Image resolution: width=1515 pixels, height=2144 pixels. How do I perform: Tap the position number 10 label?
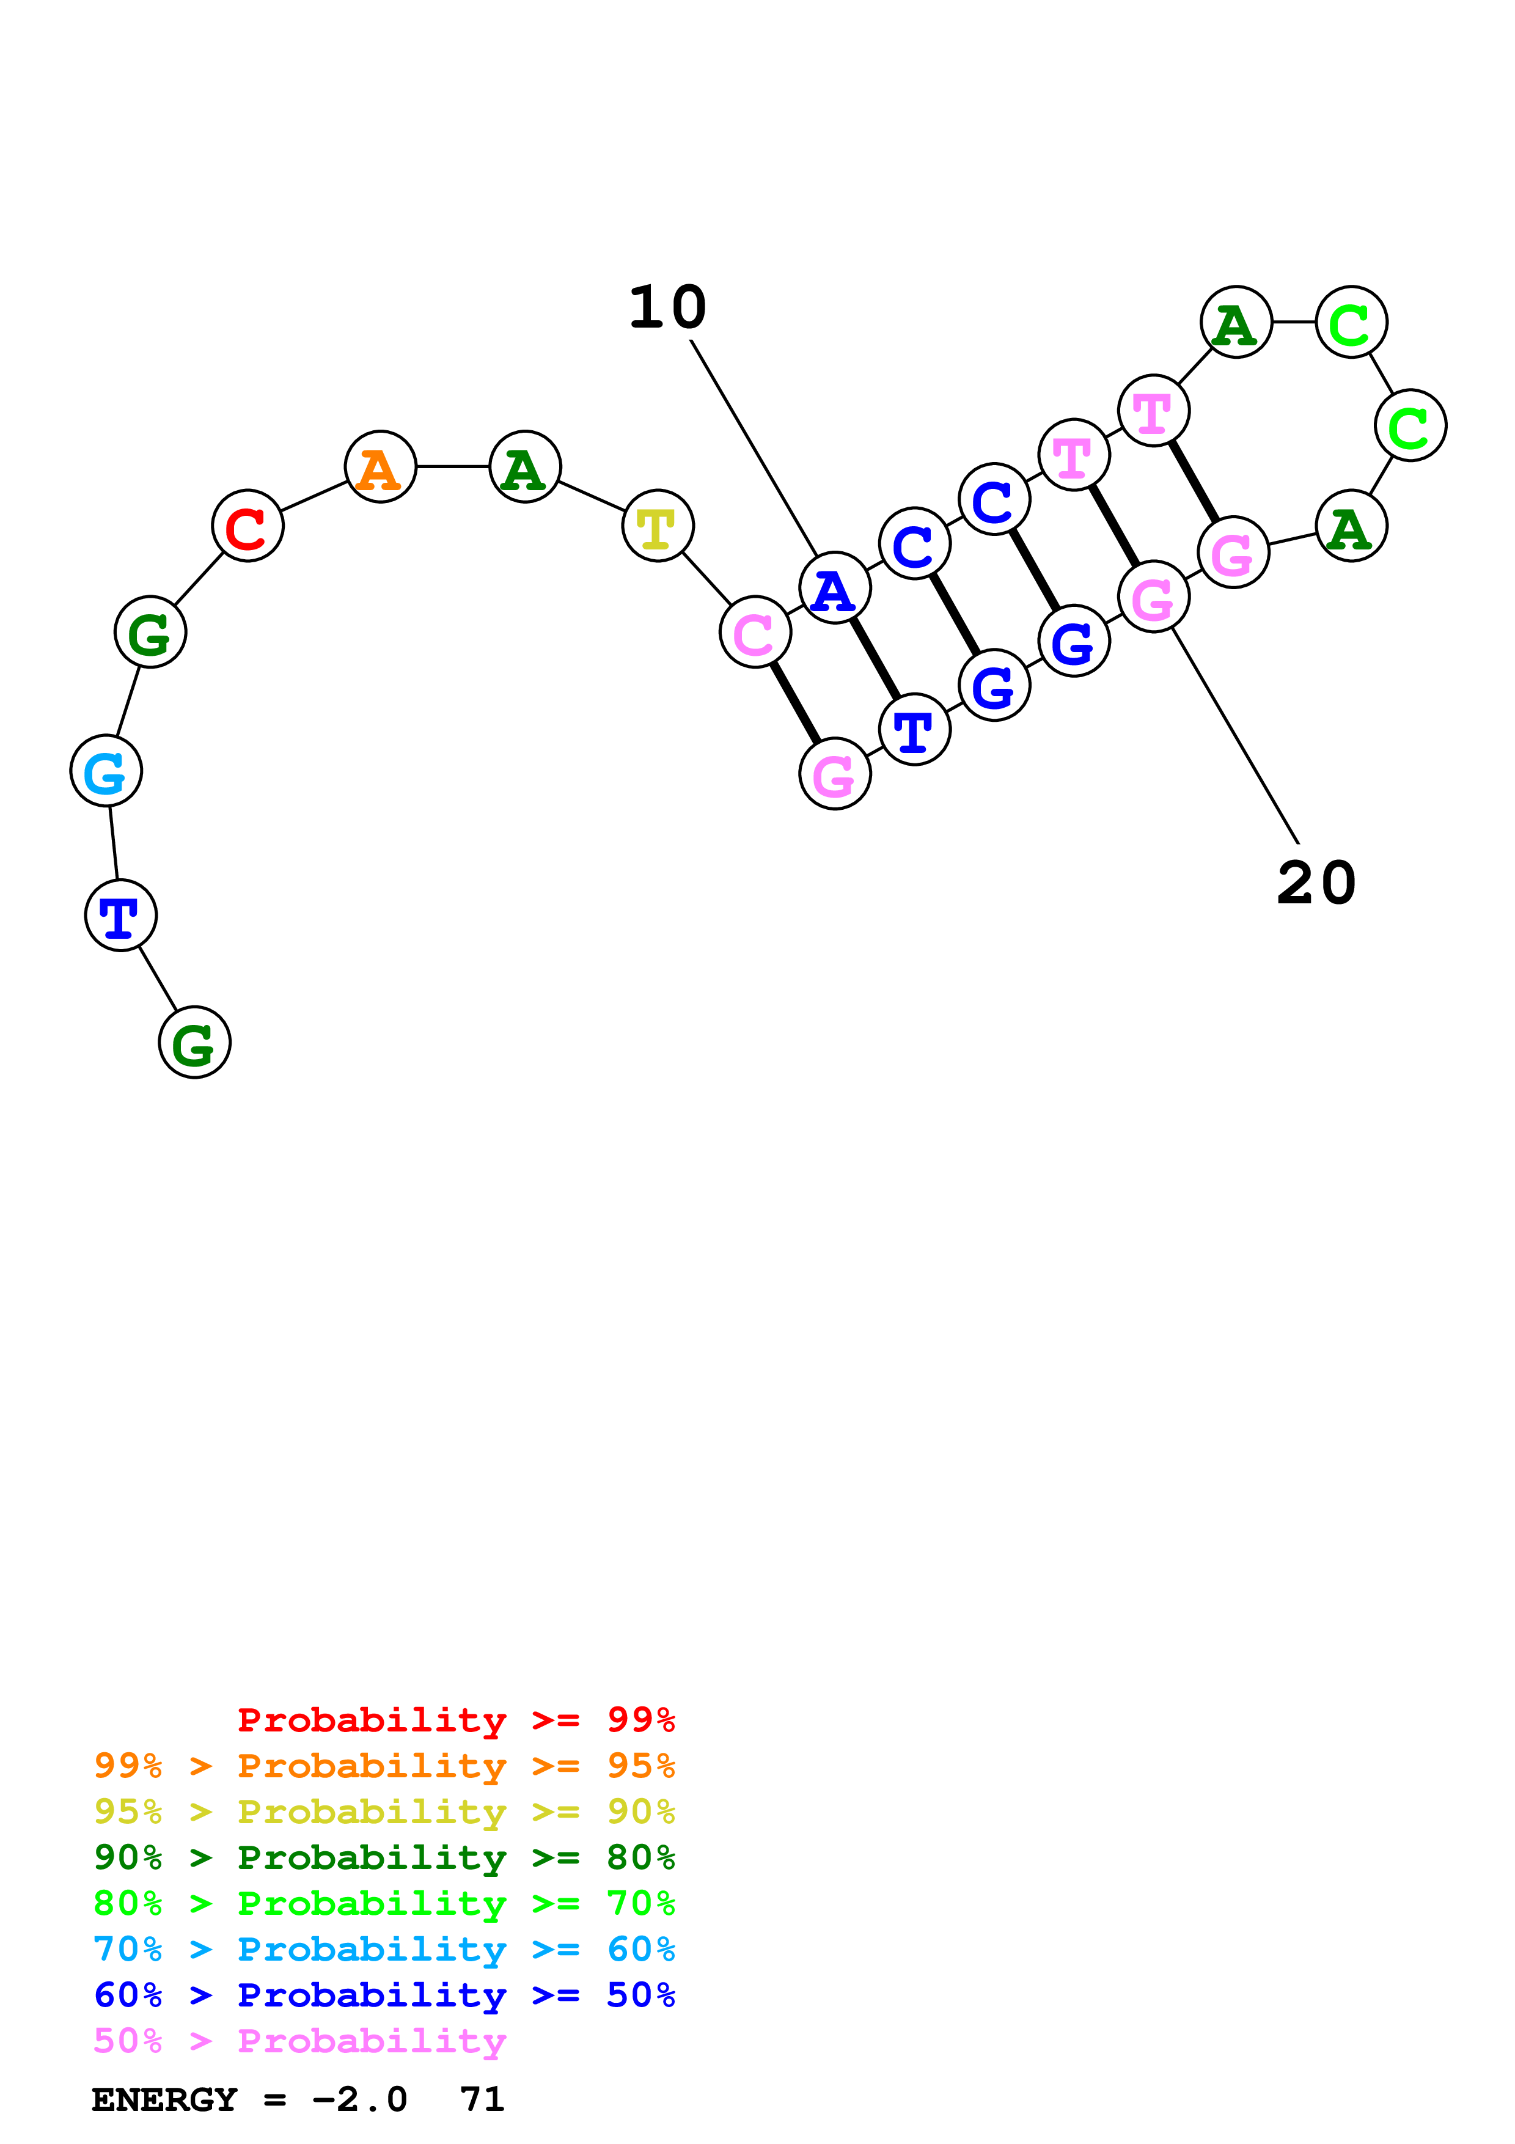[667, 307]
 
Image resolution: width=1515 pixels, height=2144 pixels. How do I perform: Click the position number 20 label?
[1316, 883]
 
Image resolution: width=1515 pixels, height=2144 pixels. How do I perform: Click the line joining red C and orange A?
[314, 496]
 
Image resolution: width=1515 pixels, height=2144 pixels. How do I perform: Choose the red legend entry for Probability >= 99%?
[457, 1719]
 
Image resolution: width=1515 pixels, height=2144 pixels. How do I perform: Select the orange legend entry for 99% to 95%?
[384, 1765]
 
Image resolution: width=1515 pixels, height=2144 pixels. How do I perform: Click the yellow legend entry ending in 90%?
[384, 1811]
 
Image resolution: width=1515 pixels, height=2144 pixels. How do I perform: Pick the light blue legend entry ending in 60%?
[384, 1949]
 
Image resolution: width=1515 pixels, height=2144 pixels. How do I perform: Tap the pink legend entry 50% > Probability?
[299, 2041]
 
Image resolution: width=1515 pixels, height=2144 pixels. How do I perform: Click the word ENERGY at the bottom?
[164, 2099]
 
